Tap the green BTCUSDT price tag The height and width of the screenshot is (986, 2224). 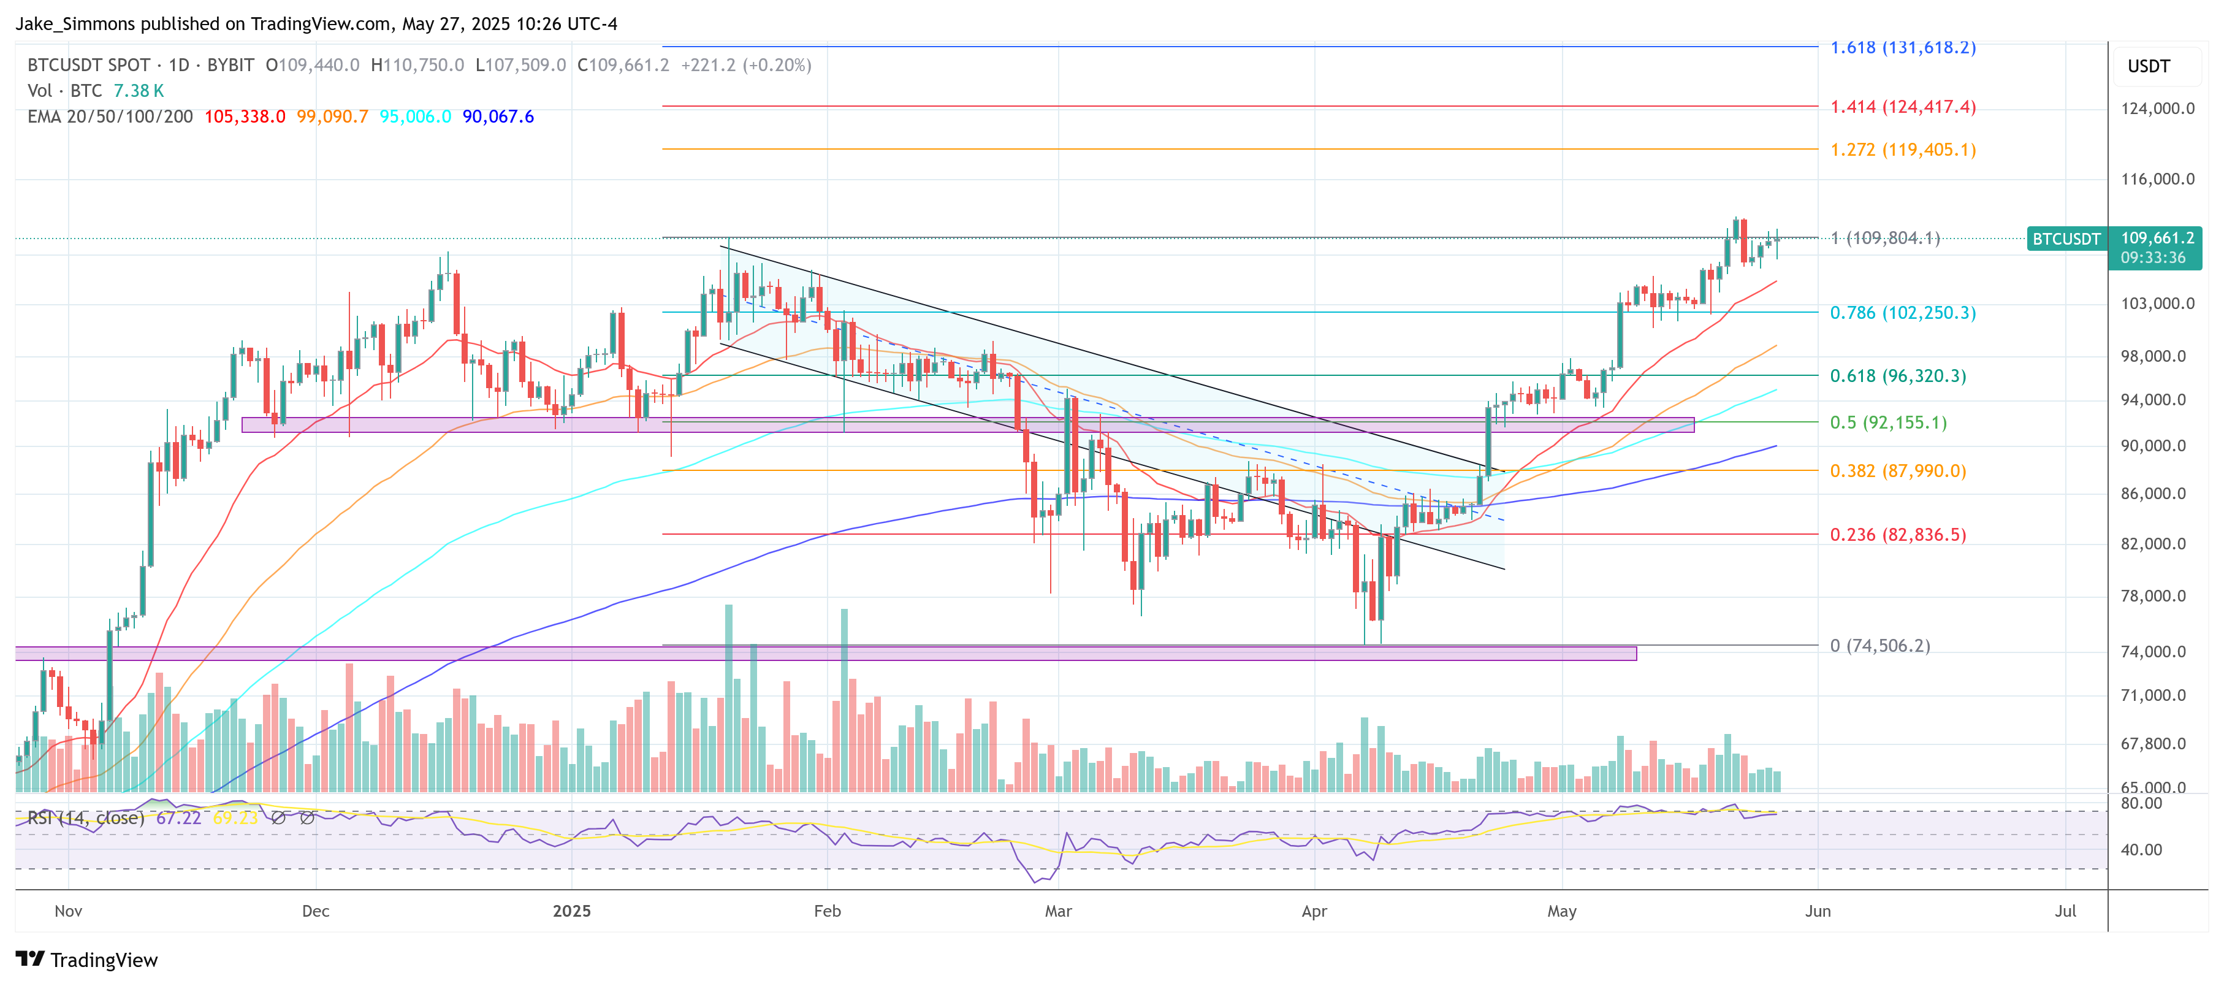(x=2065, y=239)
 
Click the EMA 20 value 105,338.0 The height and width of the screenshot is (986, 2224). (x=245, y=117)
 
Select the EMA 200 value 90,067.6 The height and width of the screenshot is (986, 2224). (x=498, y=117)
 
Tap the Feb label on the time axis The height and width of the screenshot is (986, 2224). (x=826, y=911)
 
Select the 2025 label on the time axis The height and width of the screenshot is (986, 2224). (x=571, y=911)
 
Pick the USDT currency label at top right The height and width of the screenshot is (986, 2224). (x=2148, y=66)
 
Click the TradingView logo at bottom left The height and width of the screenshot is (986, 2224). (x=86, y=960)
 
